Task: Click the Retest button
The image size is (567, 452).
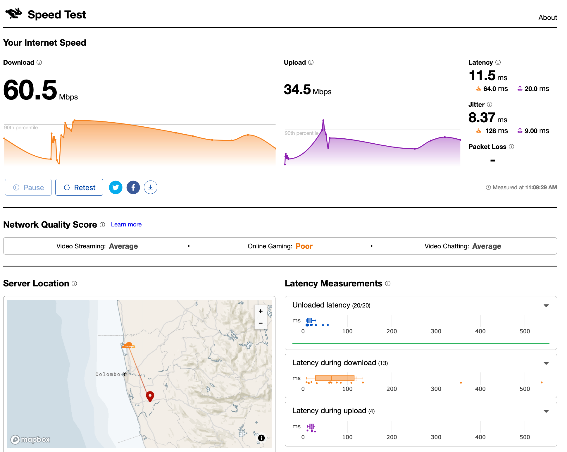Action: point(79,187)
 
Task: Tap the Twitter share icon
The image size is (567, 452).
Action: point(116,187)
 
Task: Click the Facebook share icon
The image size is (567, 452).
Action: point(133,187)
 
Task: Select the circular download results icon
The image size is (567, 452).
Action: point(150,187)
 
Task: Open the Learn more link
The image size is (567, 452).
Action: point(126,224)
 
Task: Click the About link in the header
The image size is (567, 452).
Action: point(547,18)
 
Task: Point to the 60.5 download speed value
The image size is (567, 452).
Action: point(30,90)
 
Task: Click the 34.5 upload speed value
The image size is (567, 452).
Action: point(297,90)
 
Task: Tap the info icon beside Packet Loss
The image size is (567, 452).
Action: point(511,147)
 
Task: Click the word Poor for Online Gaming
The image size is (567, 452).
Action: point(304,246)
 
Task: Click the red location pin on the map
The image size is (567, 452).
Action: point(150,396)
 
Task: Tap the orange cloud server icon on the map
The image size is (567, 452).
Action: point(129,345)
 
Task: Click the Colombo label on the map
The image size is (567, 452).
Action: point(108,374)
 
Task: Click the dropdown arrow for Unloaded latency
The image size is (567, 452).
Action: point(546,306)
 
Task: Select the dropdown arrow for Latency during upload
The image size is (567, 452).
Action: point(546,411)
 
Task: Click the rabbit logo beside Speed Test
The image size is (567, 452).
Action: point(14,14)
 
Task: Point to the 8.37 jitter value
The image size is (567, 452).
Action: point(482,118)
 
